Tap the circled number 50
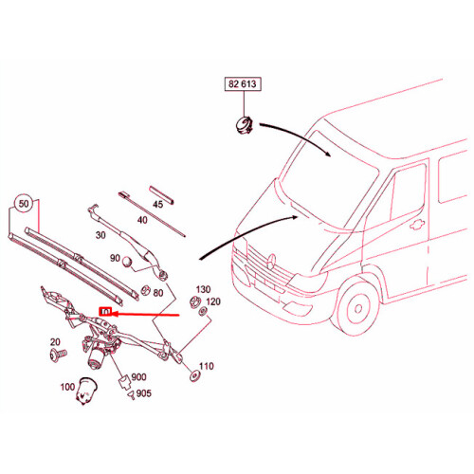click(x=25, y=204)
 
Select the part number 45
click(x=157, y=204)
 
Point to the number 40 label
click(x=141, y=221)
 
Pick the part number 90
click(x=115, y=259)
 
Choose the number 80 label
click(x=157, y=293)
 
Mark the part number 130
click(x=203, y=288)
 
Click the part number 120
click(x=213, y=301)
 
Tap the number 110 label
click(x=206, y=367)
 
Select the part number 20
click(x=54, y=342)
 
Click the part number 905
click(x=143, y=393)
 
